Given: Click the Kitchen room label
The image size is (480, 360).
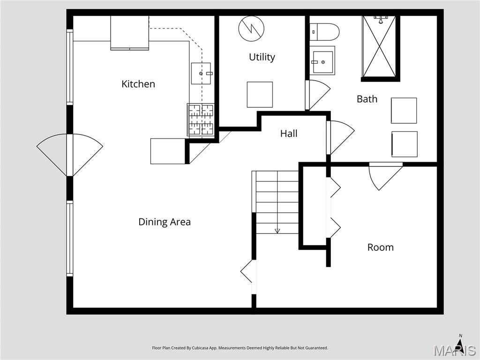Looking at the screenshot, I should tap(138, 84).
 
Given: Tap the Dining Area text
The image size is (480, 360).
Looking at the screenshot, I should tap(165, 222).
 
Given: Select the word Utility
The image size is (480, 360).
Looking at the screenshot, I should tap(262, 57).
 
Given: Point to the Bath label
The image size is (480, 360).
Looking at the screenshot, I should tap(367, 99).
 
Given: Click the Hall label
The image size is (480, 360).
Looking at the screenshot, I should tap(289, 134).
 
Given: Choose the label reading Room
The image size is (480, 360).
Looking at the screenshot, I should tap(380, 247).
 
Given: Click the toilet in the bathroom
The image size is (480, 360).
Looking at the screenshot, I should tap(324, 31).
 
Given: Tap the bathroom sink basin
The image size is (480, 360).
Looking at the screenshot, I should tap(322, 61).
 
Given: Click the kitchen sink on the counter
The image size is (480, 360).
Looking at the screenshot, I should tap(201, 73).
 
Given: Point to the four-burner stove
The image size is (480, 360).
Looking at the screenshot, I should tap(201, 120).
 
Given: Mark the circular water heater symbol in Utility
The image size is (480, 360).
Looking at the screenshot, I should tap(251, 29).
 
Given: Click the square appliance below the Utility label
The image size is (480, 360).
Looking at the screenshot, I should tap(260, 94).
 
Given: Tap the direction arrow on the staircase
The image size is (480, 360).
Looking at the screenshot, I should tap(277, 230).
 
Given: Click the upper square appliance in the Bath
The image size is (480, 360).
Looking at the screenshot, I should tap(404, 111).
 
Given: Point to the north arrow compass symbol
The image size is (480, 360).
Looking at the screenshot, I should tap(460, 345).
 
